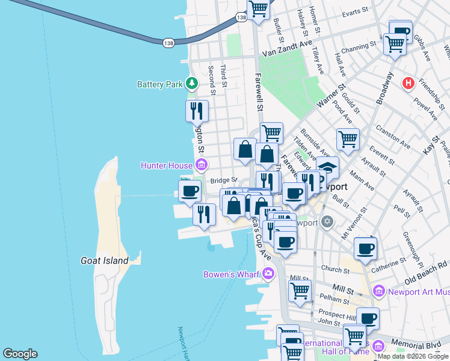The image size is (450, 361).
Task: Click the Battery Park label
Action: [x=159, y=84]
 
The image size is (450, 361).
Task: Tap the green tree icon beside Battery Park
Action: [x=192, y=83]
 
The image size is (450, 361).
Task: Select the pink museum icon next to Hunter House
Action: [x=201, y=165]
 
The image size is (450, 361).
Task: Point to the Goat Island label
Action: [x=105, y=261]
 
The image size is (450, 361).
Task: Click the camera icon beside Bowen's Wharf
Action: [x=268, y=274]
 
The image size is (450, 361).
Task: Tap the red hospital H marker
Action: [x=409, y=82]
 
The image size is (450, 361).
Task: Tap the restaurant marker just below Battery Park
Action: [x=197, y=111]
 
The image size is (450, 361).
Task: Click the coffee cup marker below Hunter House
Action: [x=190, y=191]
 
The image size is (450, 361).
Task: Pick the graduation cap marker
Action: [x=328, y=167]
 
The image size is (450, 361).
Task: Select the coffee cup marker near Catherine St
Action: [x=365, y=248]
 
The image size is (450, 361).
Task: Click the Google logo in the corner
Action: [x=20, y=354]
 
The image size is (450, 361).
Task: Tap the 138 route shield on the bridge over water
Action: [x=168, y=42]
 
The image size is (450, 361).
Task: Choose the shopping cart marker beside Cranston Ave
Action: [x=348, y=140]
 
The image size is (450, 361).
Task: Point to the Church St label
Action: [x=331, y=269]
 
